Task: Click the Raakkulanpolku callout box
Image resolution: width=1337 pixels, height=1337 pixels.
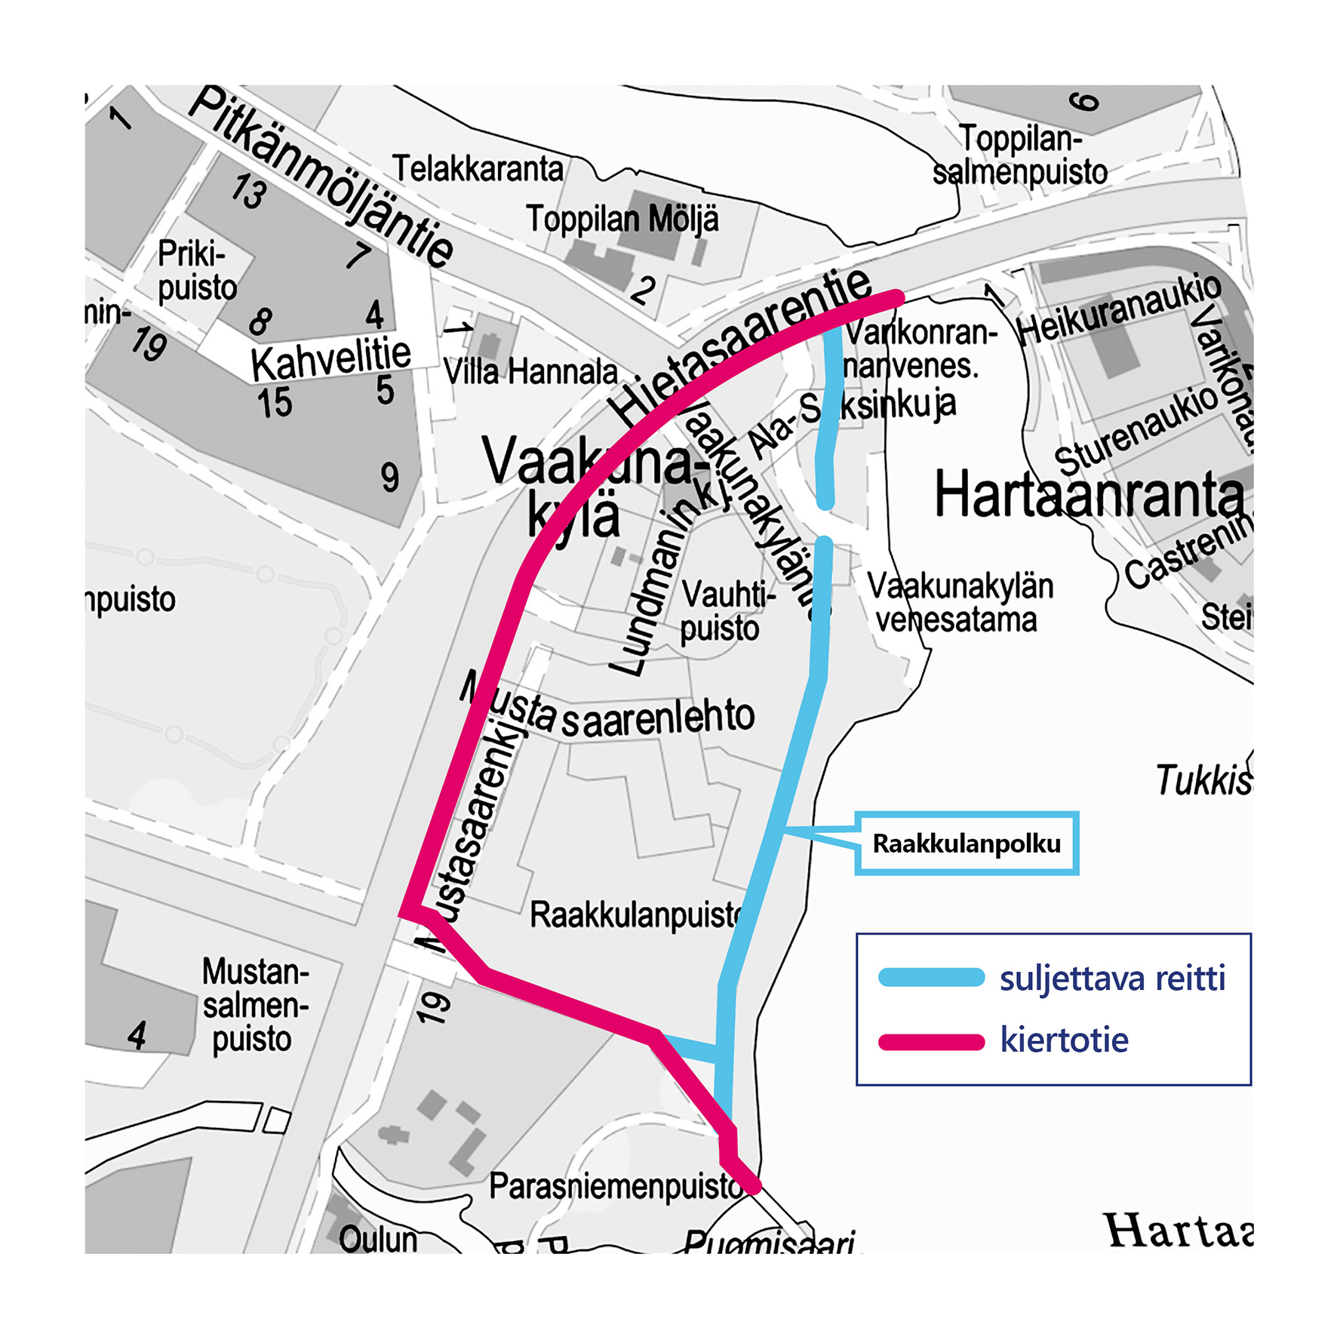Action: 966,844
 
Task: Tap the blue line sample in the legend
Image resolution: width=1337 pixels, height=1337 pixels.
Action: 931,978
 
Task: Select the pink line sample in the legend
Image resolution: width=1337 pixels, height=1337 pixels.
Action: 931,1042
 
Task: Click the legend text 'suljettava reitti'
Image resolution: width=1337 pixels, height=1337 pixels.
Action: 1112,979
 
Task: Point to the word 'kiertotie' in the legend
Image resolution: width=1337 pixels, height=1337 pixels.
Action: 1064,1040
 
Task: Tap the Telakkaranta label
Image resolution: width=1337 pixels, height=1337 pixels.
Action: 478,169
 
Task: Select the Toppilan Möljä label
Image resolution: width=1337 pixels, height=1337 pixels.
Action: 622,220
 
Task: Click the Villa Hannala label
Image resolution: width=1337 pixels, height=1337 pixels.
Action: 530,372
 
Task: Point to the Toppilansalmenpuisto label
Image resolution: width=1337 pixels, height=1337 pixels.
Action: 1020,155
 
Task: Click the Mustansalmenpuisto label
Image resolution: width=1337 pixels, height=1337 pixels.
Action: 254,1005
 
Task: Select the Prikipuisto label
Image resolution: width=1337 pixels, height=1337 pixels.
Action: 196,271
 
